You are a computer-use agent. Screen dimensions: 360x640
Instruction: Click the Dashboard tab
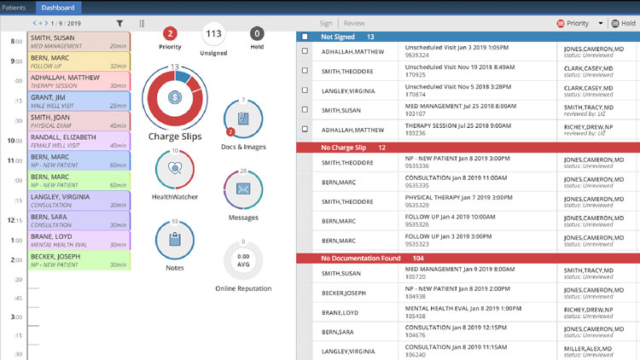pos(57,7)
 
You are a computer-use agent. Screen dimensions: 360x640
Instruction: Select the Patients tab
pos(15,7)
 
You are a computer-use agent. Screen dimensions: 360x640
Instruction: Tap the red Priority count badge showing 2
pos(170,34)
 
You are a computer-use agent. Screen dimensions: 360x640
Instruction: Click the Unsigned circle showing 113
pos(215,34)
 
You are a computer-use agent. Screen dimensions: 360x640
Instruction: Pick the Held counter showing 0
pos(257,34)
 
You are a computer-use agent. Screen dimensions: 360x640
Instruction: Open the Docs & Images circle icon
pos(242,119)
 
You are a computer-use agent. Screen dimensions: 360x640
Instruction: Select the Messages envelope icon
pos(242,189)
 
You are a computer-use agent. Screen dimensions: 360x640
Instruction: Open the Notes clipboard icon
pos(175,240)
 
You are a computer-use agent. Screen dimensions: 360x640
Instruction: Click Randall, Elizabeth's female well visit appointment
pos(79,141)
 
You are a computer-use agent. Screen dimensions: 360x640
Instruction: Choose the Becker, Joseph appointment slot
pos(79,259)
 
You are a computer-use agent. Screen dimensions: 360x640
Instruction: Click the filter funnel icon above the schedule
pos(119,24)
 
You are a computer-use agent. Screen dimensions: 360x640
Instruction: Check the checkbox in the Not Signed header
pos(305,37)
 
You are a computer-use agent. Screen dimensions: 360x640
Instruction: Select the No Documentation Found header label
pos(359,258)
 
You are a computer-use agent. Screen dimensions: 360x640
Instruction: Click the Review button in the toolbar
pos(353,23)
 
